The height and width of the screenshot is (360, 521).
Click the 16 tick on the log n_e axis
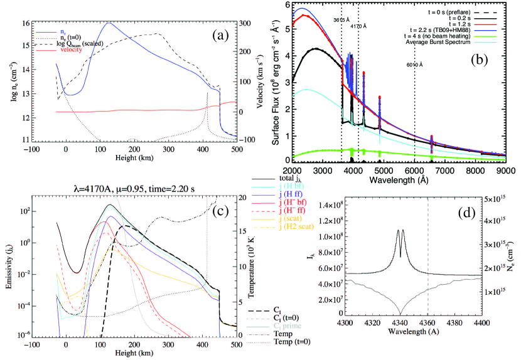tap(21, 23)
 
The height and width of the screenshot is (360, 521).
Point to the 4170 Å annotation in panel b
tap(359, 26)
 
